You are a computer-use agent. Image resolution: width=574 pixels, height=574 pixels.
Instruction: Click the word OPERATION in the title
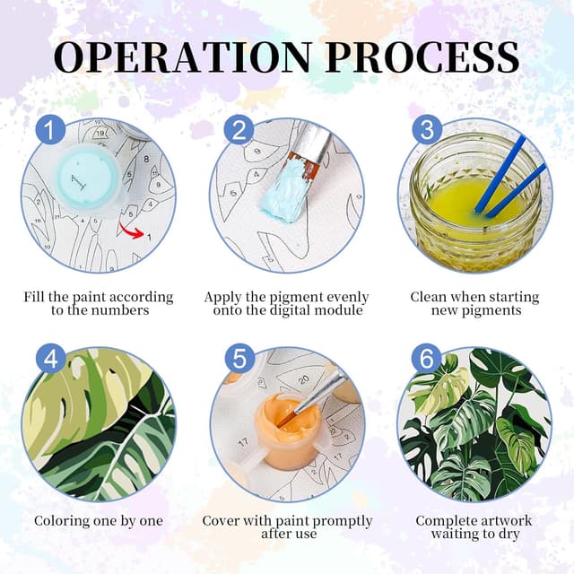[183, 57]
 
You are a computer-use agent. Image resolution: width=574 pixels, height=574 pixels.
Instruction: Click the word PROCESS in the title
[422, 57]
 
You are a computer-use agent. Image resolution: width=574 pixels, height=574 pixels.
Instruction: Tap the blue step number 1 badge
[50, 129]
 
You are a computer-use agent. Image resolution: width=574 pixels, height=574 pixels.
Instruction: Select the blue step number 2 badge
[239, 129]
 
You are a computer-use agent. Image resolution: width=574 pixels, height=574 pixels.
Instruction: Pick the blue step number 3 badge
[427, 129]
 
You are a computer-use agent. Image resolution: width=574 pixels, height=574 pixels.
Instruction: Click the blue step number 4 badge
[50, 358]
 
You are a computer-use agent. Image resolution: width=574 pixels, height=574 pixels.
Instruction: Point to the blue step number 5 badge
[239, 358]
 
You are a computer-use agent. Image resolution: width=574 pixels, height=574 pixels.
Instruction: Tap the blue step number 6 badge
[427, 358]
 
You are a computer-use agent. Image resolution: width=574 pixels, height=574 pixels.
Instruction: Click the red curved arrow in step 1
[132, 230]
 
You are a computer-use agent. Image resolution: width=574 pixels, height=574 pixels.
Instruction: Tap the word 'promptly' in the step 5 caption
[342, 521]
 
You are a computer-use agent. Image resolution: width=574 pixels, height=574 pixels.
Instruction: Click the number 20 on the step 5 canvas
[303, 380]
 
